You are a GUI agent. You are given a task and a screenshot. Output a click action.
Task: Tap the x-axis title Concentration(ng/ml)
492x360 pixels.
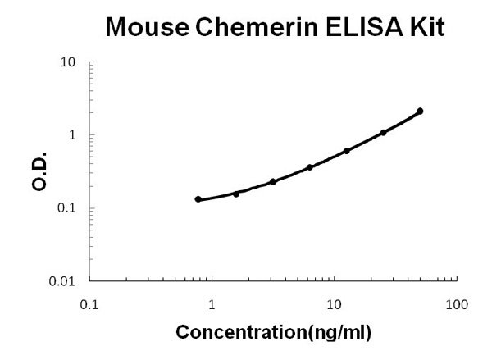coord(273,333)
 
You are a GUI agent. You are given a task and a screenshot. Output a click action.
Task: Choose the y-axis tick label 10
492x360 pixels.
coord(69,62)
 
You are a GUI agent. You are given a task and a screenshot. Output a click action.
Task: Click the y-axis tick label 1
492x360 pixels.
coord(73,135)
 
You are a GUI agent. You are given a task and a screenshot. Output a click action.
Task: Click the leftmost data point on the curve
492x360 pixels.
coord(198,199)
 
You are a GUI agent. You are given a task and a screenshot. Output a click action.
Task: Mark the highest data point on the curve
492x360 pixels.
coord(420,111)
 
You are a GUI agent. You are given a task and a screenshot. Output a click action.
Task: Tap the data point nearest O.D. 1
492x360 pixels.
coord(383,133)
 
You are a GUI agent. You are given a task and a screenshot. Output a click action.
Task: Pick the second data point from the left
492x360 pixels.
coord(236,194)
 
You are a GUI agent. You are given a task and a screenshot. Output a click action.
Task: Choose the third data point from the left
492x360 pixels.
coord(273,181)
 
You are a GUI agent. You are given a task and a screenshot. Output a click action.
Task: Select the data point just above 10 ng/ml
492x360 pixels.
coord(347,151)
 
